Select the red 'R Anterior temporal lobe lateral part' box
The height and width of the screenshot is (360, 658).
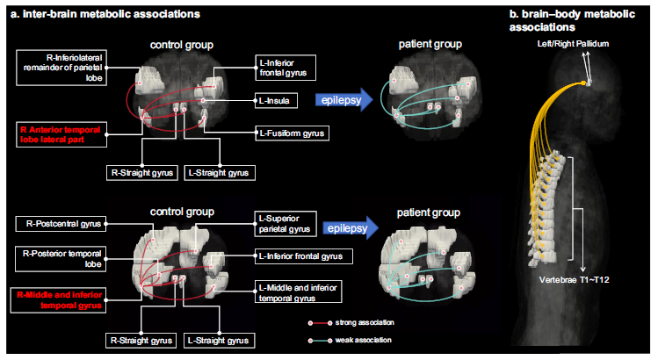61,136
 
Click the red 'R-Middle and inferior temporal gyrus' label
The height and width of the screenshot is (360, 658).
61,299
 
